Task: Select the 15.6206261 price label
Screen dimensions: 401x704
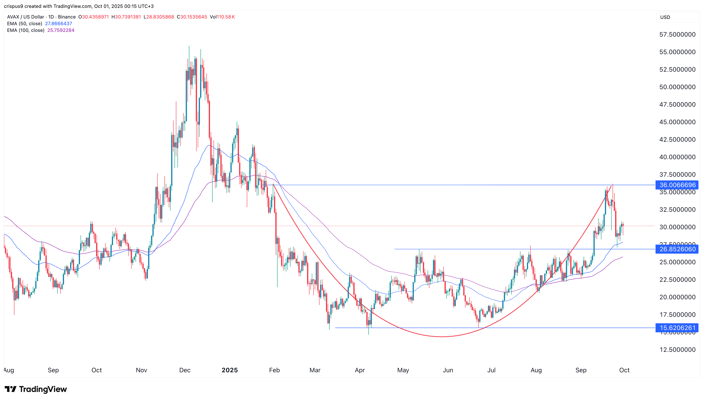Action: coord(677,328)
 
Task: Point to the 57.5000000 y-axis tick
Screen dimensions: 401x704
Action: coord(677,34)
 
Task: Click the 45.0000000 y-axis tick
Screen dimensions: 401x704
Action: coord(677,122)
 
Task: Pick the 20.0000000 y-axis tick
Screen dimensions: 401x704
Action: coord(677,297)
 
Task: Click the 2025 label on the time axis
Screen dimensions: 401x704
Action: coord(230,370)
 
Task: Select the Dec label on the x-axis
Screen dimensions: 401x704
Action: coord(185,370)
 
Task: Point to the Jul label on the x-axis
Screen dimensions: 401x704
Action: coord(491,370)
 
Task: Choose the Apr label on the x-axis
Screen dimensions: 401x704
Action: coord(360,370)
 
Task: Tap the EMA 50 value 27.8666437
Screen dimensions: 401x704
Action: coord(59,24)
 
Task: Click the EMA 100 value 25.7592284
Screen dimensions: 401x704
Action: coord(61,30)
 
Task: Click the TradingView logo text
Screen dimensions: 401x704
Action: coord(43,389)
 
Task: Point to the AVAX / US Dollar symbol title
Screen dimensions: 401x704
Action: coord(25,17)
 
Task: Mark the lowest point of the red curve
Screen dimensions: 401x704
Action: coord(442,336)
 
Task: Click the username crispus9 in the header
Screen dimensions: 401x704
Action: coord(13,6)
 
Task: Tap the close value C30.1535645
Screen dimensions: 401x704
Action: coord(192,17)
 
